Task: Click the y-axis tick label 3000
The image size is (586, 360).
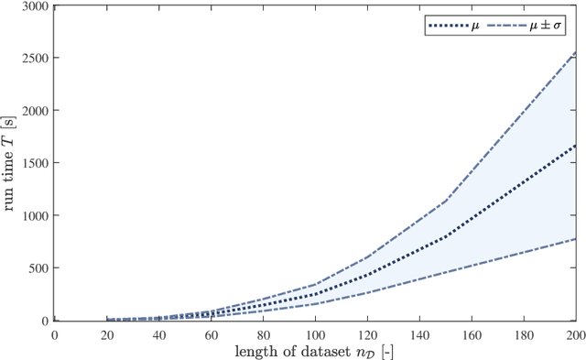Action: pyautogui.click(x=35, y=5)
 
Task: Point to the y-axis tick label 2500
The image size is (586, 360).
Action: pyautogui.click(x=35, y=58)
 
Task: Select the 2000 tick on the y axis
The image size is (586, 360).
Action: pyautogui.click(x=35, y=110)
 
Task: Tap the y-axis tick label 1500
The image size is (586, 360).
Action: pyautogui.click(x=35, y=163)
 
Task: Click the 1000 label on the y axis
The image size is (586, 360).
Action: pyautogui.click(x=35, y=216)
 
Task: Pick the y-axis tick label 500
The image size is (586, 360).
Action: pyautogui.click(x=38, y=268)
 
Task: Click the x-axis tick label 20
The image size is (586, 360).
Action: pyautogui.click(x=107, y=334)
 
